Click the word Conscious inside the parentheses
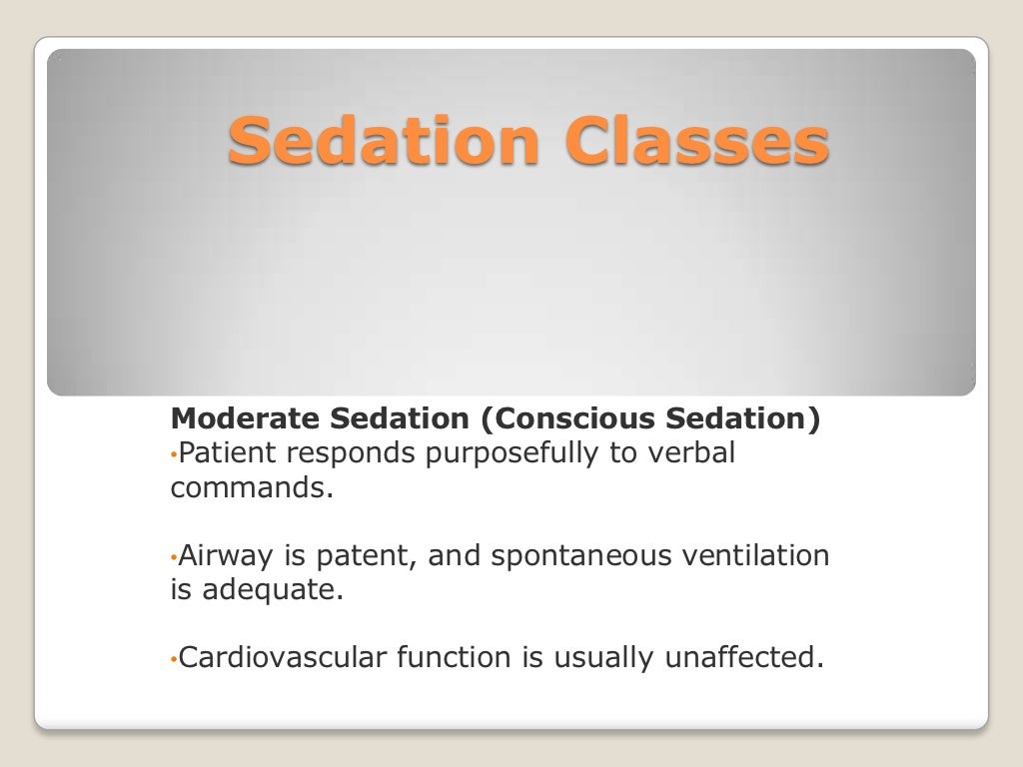point(566,419)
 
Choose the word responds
point(350,454)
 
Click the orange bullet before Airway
point(173,557)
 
